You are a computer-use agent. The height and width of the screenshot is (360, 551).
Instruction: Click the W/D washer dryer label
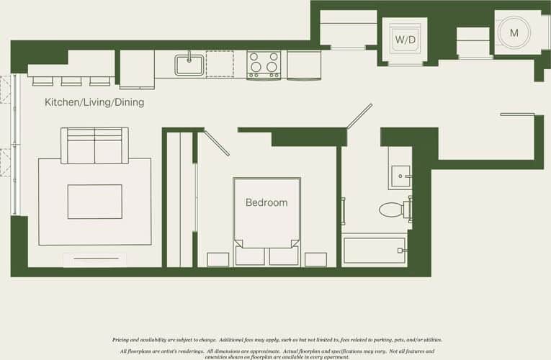click(x=404, y=39)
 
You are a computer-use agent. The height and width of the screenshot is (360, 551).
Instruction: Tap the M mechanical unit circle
click(x=514, y=33)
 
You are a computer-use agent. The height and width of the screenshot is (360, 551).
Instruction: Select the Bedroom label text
click(x=266, y=202)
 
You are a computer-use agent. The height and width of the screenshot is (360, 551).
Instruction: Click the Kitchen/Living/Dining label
click(x=94, y=102)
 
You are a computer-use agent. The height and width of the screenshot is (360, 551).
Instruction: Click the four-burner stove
click(x=264, y=64)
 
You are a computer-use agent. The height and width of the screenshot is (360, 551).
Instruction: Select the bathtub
click(x=375, y=251)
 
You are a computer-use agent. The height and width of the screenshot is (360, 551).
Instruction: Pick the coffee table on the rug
click(x=94, y=201)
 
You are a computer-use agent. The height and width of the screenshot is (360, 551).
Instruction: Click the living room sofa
click(x=94, y=146)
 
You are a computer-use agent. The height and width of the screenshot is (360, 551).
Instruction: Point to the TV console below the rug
click(x=94, y=259)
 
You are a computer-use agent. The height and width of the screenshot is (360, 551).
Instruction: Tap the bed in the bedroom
click(x=266, y=220)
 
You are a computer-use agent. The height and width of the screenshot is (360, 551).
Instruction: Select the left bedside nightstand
click(x=218, y=259)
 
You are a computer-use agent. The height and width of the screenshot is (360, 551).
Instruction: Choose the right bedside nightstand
click(x=315, y=259)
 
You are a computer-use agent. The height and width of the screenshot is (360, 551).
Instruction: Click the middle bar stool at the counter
click(x=71, y=80)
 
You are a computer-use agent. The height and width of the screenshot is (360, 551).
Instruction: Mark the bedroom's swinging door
click(x=217, y=143)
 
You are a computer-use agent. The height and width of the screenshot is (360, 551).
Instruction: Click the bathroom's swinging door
click(x=359, y=116)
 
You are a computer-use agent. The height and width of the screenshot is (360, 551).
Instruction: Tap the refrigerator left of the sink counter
click(x=137, y=68)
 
